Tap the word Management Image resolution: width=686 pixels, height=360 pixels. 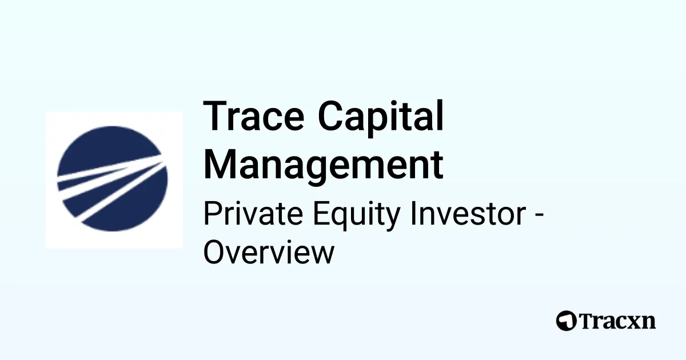click(x=324, y=165)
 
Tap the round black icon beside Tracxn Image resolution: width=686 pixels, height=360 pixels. click(x=566, y=321)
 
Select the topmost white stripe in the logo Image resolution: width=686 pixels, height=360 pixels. click(x=109, y=170)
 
